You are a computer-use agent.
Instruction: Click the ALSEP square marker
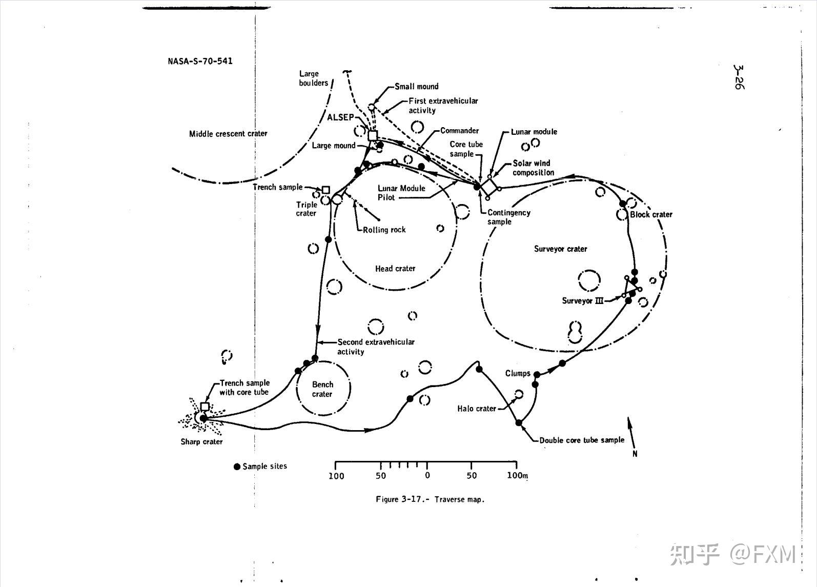[x=373, y=136]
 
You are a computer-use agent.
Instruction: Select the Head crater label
[x=395, y=269]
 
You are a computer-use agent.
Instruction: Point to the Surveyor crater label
[x=561, y=249]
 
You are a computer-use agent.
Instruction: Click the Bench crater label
[x=322, y=389]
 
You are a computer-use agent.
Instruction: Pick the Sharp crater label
[x=201, y=441]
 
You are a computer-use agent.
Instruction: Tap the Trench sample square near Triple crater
[x=325, y=190]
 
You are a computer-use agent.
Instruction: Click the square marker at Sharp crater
[x=205, y=407]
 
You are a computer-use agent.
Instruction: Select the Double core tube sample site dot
[x=518, y=423]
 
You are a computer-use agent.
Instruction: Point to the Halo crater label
[x=476, y=409]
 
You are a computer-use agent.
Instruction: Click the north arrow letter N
[x=635, y=454]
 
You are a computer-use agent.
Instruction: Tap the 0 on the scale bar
[x=427, y=475]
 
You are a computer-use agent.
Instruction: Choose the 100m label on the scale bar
[x=517, y=475]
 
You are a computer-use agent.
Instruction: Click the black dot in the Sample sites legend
[x=237, y=467]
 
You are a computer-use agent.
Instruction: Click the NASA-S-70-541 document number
[x=200, y=61]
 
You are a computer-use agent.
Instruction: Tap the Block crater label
[x=651, y=214]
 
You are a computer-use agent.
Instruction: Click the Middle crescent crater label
[x=228, y=133]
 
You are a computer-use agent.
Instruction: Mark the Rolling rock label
[x=384, y=230]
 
